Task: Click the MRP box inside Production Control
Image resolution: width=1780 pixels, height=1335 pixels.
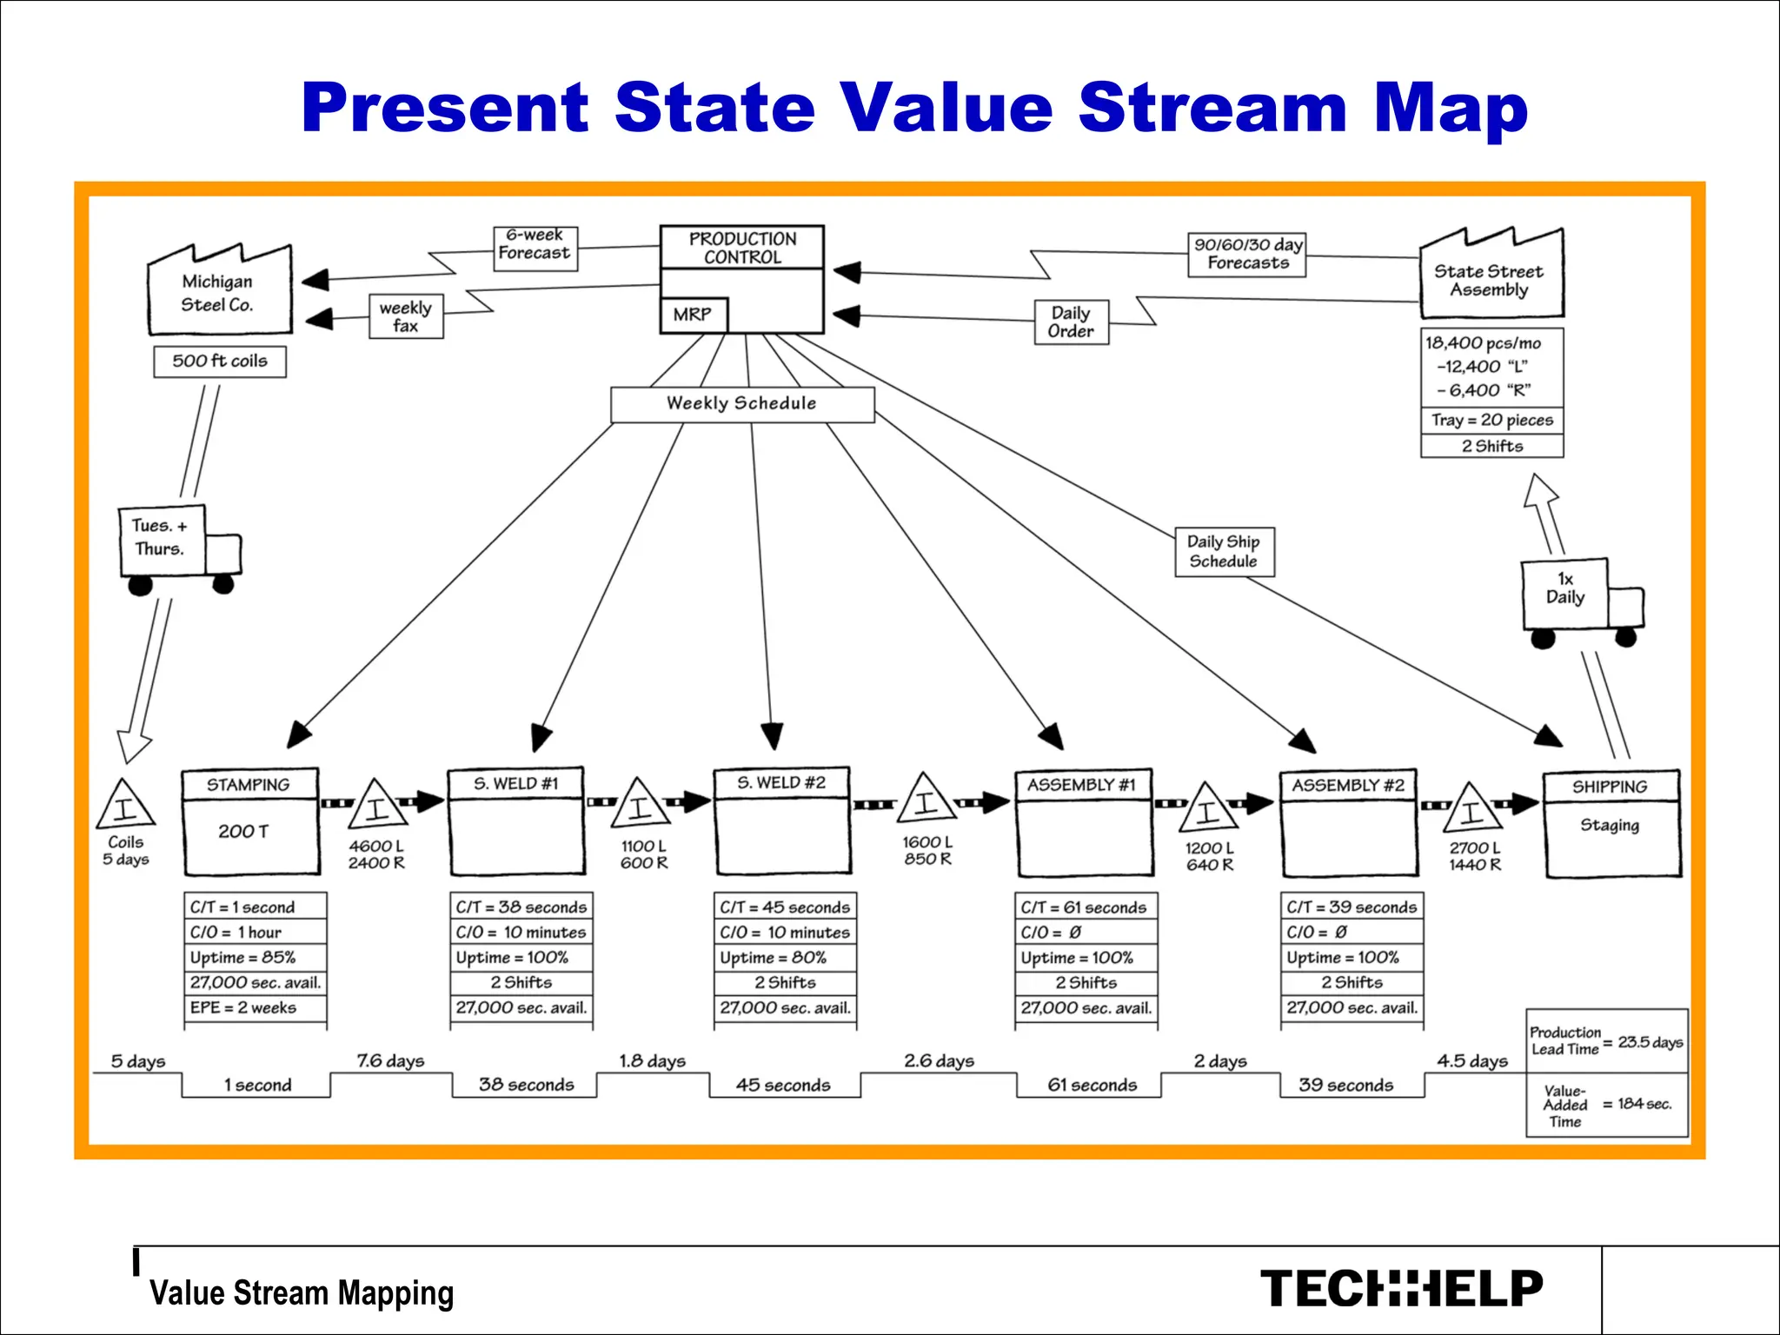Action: tap(693, 315)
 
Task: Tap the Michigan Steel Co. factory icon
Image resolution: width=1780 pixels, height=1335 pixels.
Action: tap(219, 293)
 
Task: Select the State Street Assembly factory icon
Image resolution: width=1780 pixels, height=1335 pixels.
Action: tap(1490, 280)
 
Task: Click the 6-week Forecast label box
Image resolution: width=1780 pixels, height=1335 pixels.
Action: tap(535, 249)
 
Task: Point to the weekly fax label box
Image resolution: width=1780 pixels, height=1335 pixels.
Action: tap(406, 316)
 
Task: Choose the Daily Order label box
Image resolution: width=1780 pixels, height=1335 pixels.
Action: tap(1071, 322)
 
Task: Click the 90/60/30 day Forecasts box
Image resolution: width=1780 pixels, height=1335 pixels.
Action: tap(1247, 254)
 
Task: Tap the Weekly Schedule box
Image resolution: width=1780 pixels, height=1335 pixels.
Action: tap(742, 404)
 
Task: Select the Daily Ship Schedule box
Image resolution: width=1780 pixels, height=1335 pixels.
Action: tap(1224, 551)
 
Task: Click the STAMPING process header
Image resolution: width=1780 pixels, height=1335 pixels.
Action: tap(249, 785)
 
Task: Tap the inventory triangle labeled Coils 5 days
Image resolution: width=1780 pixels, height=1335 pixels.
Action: tap(126, 806)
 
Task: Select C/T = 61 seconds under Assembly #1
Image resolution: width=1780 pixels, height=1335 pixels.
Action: tap(1085, 907)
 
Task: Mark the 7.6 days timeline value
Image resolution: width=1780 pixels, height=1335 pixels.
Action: tap(391, 1061)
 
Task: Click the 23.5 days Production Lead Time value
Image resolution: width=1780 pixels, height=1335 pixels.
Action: tap(1650, 1042)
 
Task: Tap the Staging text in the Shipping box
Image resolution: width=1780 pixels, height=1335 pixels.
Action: tap(1610, 825)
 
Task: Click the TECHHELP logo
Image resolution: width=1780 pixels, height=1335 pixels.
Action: tap(1401, 1289)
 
